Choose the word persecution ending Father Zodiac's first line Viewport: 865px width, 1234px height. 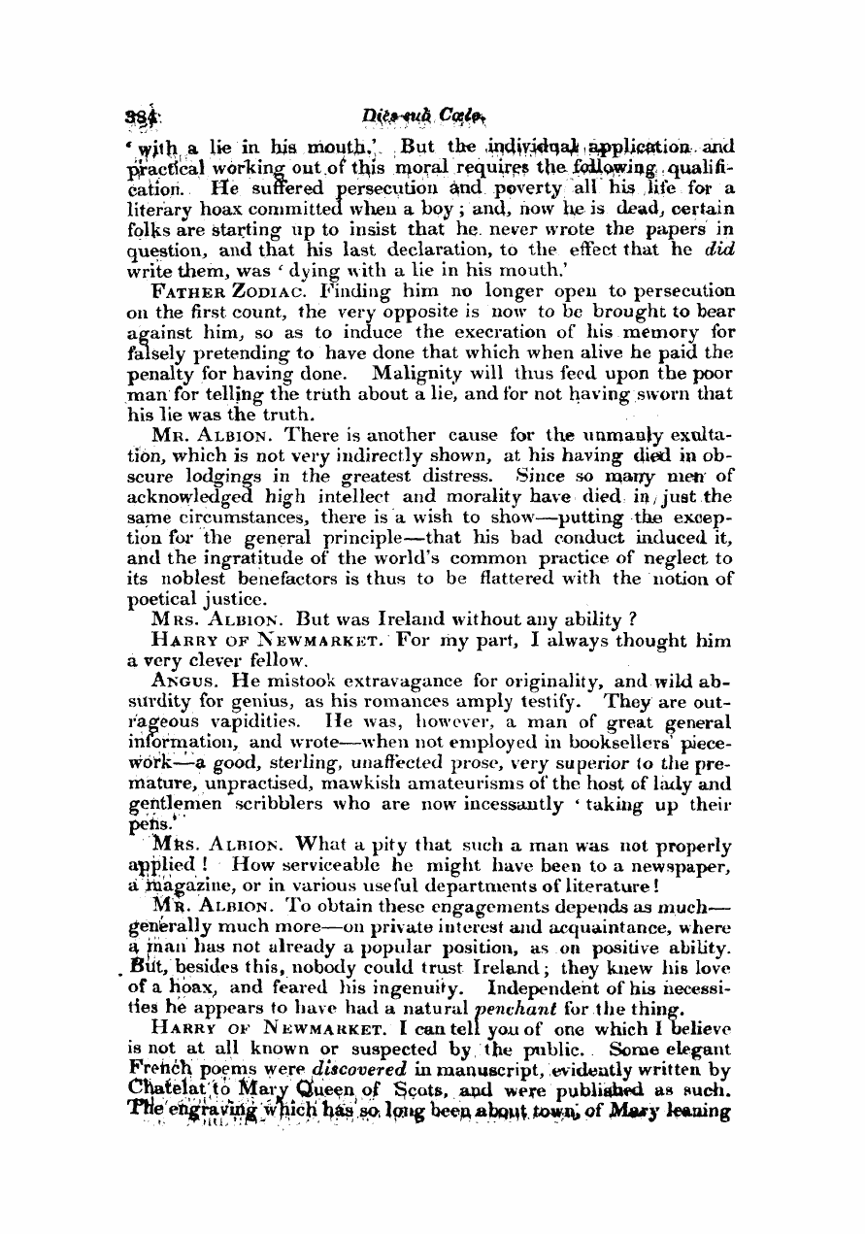pos(674,290)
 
